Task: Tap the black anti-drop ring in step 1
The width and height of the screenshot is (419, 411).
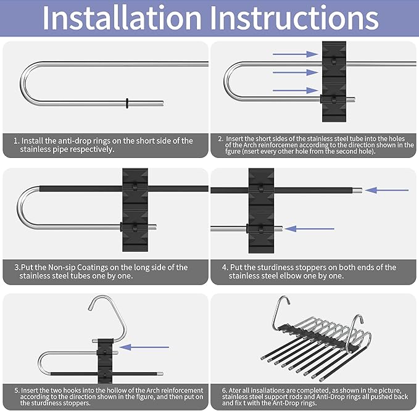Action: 127,102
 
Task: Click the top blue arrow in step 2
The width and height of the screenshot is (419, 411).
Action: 295,55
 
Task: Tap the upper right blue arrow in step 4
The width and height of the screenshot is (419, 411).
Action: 386,190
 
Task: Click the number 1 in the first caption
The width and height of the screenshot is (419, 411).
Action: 16,141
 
